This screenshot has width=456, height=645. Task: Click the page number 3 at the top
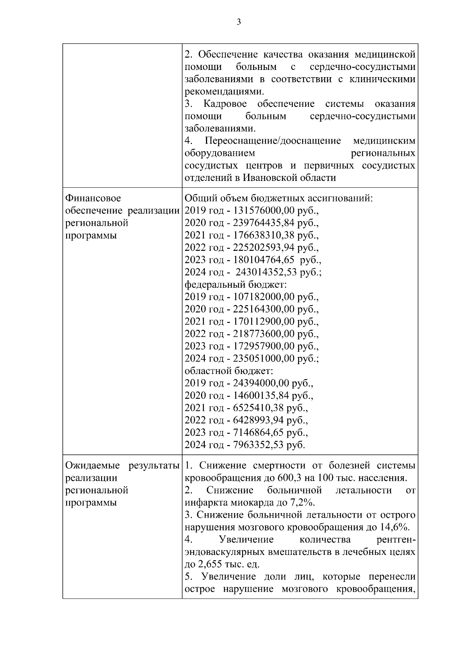pyautogui.click(x=239, y=22)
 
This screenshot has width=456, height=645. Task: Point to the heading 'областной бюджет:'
pyautogui.click(x=229, y=371)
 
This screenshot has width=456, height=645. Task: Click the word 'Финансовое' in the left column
pyautogui.click(x=93, y=198)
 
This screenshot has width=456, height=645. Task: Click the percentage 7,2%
pyautogui.click(x=303, y=503)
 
